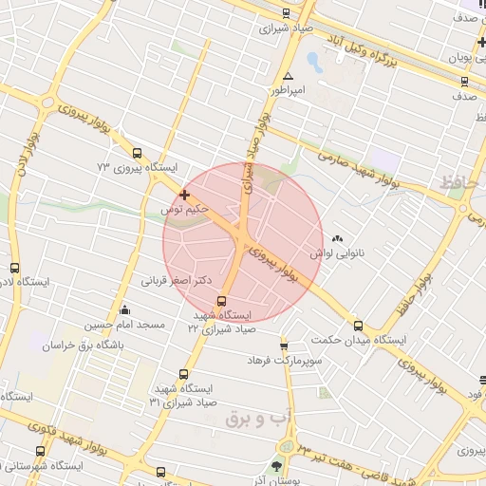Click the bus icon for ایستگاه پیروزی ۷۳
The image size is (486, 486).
(x=138, y=153)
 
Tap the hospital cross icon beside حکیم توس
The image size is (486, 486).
(x=184, y=195)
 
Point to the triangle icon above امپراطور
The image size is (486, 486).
(x=288, y=77)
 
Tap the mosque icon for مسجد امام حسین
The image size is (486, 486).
(x=125, y=309)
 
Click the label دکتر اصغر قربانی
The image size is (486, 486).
(x=174, y=281)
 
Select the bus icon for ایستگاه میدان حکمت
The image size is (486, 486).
(x=357, y=324)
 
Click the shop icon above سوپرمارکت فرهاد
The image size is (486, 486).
(x=284, y=346)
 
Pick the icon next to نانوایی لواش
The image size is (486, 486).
(x=339, y=238)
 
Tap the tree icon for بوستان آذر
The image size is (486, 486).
(x=276, y=466)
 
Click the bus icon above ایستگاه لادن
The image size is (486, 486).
(x=13, y=269)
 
